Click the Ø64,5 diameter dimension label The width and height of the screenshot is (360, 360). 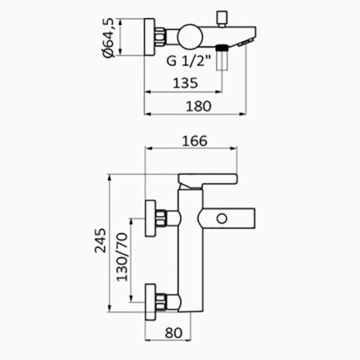click(x=108, y=38)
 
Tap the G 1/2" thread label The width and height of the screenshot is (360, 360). click(x=189, y=61)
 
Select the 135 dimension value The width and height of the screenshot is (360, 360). click(x=185, y=83)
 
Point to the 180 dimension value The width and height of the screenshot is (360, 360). click(x=198, y=106)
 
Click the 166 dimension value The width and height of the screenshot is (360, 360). click(x=194, y=141)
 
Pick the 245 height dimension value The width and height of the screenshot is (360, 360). click(x=100, y=240)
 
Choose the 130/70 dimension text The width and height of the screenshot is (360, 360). click(x=122, y=257)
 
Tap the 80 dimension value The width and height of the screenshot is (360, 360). click(x=174, y=333)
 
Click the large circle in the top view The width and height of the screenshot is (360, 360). click(x=190, y=37)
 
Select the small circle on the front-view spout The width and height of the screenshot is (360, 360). click(x=222, y=219)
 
